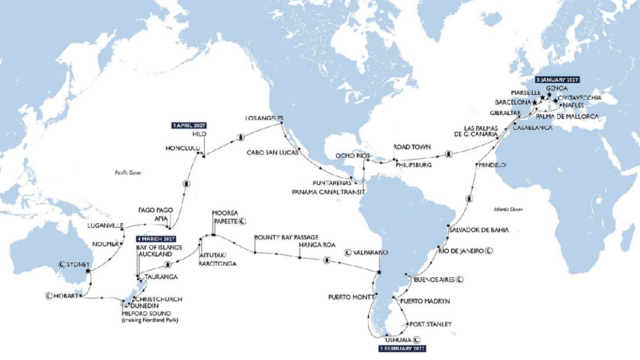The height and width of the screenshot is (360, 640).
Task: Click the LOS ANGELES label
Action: click(x=264, y=118)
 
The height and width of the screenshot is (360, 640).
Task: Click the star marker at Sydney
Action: click(x=88, y=271)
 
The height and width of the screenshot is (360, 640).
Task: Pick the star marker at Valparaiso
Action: click(x=379, y=272)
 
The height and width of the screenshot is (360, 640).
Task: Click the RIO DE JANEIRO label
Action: click(x=461, y=250)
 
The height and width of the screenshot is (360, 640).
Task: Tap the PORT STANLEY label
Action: click(x=430, y=324)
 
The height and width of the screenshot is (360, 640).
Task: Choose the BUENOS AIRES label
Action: click(x=434, y=280)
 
